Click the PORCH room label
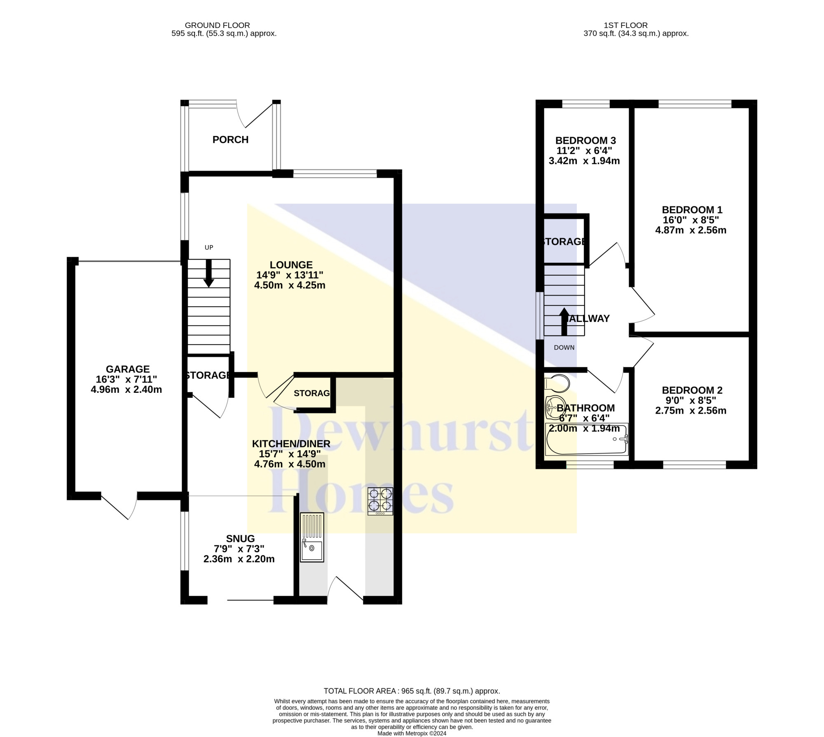230,140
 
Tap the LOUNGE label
291,265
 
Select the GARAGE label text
128,369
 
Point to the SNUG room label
240,539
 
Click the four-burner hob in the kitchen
380,501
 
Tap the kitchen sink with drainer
312,537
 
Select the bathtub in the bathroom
587,439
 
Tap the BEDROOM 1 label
692,210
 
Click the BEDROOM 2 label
692,390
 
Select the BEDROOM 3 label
585,141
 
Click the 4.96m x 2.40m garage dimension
126,390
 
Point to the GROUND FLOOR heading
218,26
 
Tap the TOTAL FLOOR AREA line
412,691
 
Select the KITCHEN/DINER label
291,444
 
